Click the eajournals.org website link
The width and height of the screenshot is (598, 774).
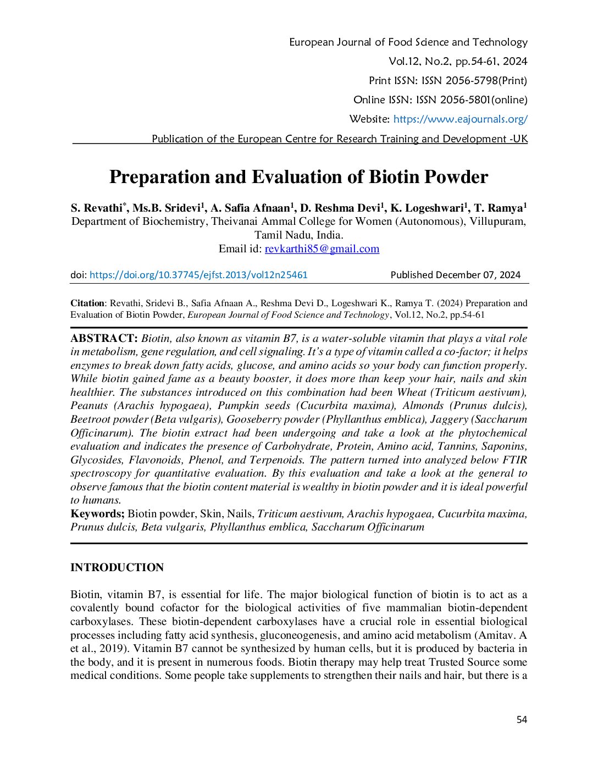tap(460, 119)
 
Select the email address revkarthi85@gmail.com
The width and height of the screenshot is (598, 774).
tap(322, 249)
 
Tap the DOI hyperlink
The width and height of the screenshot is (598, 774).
tap(198, 275)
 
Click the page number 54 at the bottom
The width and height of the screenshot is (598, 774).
tap(522, 720)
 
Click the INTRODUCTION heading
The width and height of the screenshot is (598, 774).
tap(117, 567)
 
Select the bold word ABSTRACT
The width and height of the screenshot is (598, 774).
tap(103, 339)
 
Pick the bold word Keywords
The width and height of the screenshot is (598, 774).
tap(97, 514)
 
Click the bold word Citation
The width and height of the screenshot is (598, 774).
tap(87, 303)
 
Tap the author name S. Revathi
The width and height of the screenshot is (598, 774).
tap(97, 208)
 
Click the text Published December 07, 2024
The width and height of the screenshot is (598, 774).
tap(455, 275)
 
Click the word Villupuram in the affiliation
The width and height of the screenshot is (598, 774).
tap(497, 222)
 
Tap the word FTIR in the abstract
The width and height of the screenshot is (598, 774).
tap(514, 460)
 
